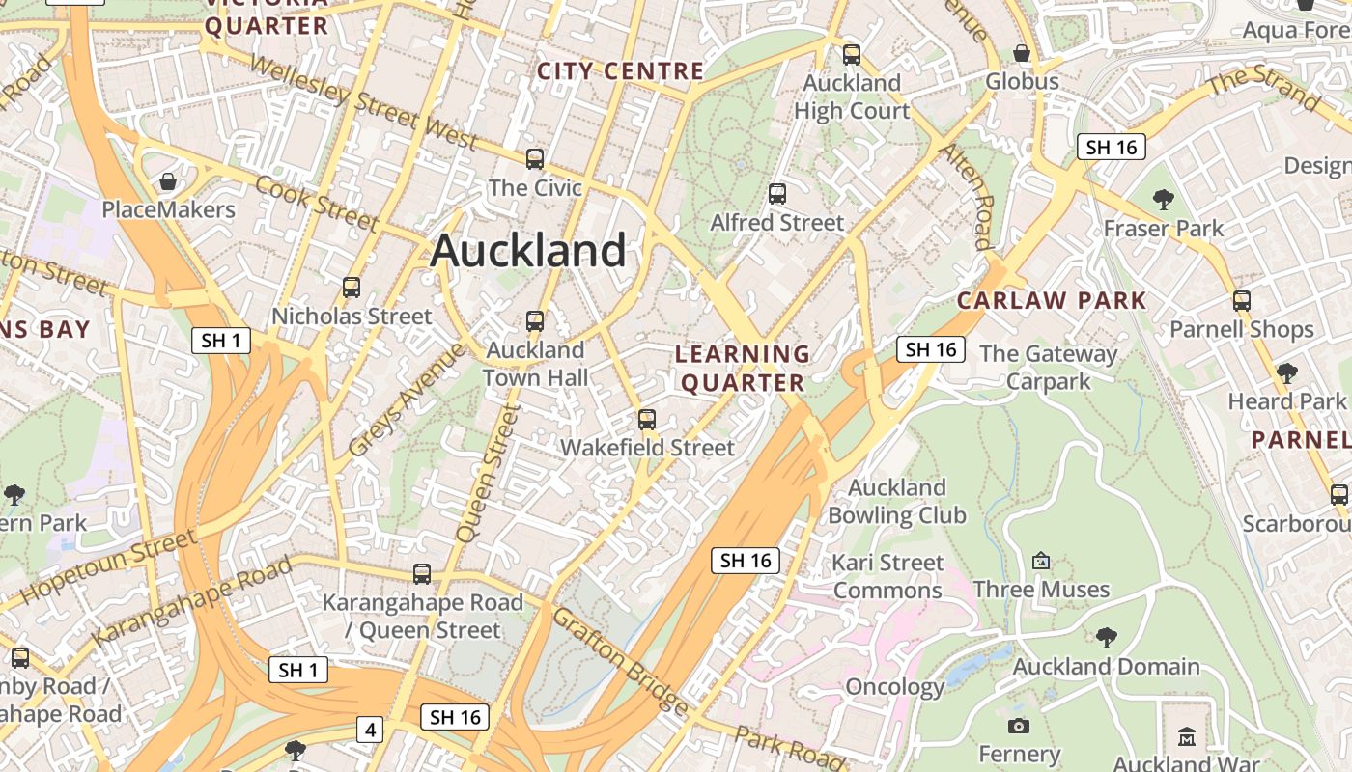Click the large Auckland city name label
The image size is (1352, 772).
click(x=528, y=251)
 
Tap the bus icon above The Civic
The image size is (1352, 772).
click(x=535, y=159)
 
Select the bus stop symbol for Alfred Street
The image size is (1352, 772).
click(x=777, y=194)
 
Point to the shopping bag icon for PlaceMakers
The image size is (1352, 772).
click(x=168, y=181)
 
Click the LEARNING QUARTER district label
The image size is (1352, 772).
click(x=743, y=369)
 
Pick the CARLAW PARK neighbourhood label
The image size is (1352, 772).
click(x=1051, y=300)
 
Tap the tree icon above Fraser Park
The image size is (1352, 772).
click(x=1164, y=200)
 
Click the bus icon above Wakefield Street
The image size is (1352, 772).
click(x=647, y=420)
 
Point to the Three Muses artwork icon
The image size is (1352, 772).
click(x=1041, y=561)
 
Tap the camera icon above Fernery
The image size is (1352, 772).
click(x=1019, y=726)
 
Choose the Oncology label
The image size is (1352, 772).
click(x=894, y=687)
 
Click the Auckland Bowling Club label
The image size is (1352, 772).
click(x=896, y=501)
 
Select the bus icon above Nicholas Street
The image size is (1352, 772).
click(x=352, y=288)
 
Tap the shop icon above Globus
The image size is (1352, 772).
click(x=1022, y=53)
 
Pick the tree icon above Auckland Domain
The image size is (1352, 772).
click(x=1107, y=637)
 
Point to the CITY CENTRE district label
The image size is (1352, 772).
click(x=620, y=71)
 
